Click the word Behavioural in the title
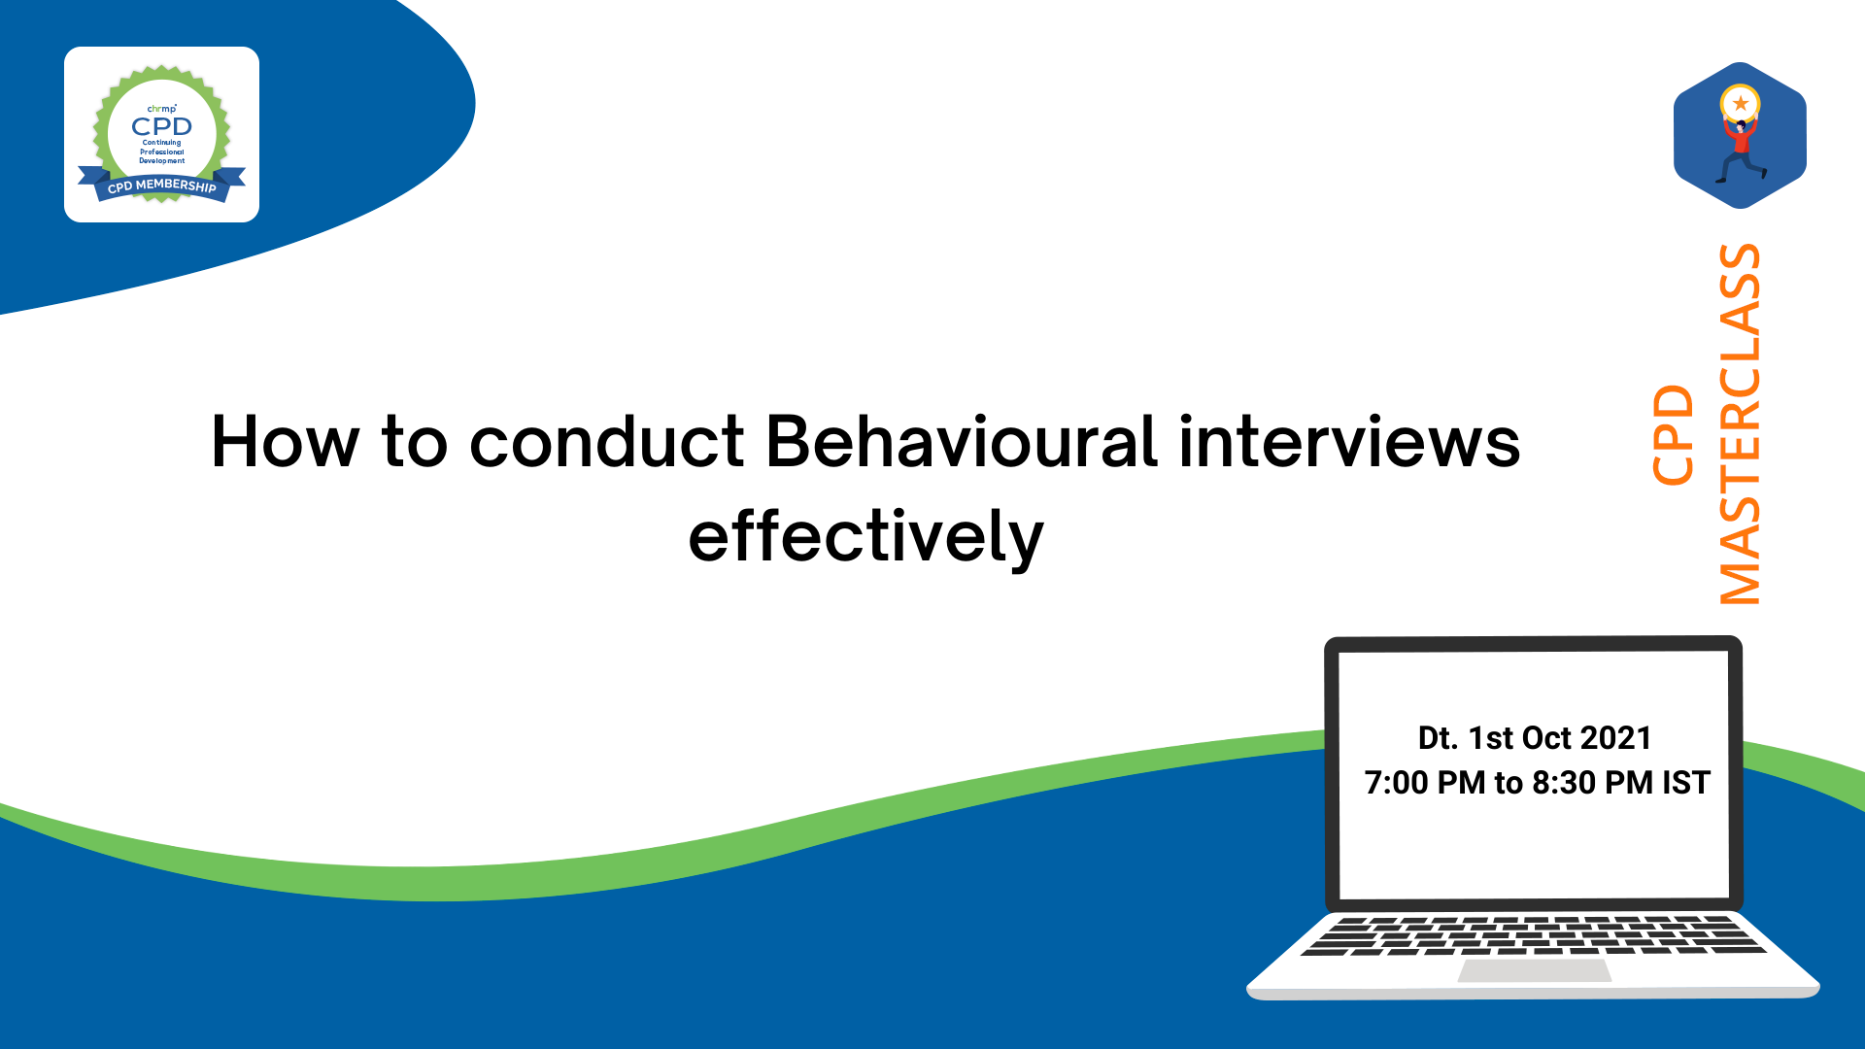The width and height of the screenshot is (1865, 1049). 962,442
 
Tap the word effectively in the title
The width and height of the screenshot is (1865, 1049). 865,536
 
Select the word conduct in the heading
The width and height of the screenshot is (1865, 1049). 607,442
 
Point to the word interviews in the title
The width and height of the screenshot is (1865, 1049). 1350,442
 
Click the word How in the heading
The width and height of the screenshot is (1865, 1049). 286,442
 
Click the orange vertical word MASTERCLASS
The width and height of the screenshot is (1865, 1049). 1740,424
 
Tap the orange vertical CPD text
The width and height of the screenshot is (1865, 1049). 1673,435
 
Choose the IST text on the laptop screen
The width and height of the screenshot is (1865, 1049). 1686,783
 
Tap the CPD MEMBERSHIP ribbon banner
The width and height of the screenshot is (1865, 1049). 162,185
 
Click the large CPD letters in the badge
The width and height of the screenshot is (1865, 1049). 162,126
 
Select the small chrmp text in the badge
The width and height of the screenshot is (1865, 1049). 161,109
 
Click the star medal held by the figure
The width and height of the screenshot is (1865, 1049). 1740,103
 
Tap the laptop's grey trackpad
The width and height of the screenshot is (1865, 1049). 1535,970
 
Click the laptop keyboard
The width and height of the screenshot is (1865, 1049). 1534,935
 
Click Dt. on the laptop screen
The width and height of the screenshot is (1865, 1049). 1439,738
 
